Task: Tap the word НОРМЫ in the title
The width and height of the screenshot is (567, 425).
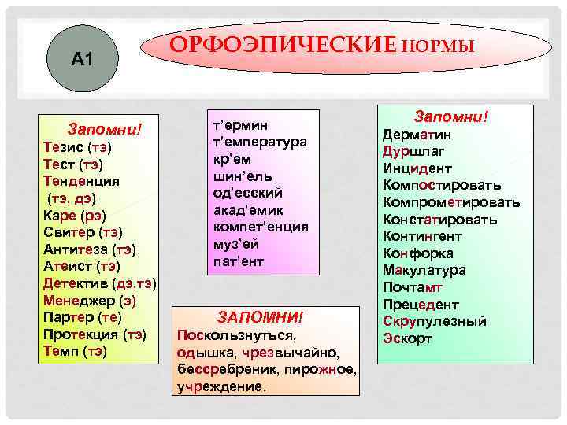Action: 438,46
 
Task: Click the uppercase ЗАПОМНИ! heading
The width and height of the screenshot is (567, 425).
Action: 259,317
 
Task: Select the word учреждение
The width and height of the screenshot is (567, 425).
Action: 220,386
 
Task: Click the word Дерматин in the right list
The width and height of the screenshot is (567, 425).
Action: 416,134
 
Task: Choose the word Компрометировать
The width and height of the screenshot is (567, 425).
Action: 450,202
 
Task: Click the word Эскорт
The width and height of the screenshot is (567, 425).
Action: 406,338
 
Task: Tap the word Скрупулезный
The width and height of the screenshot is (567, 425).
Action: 434,321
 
